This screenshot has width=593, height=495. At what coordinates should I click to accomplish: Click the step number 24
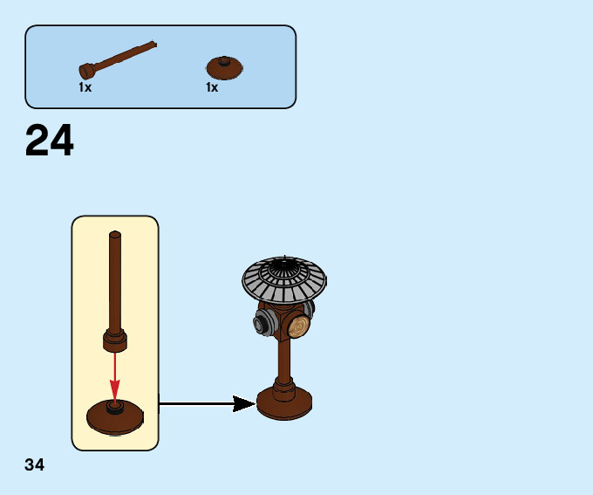(50, 141)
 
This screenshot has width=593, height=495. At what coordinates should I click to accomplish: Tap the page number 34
(35, 465)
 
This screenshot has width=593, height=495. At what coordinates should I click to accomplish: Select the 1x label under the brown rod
(85, 88)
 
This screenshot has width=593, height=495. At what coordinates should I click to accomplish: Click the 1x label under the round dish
(212, 88)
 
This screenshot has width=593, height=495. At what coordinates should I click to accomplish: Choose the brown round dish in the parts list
(225, 69)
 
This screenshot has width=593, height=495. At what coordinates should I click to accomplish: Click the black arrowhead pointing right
(243, 403)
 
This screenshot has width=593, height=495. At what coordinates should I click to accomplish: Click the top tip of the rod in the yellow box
(115, 234)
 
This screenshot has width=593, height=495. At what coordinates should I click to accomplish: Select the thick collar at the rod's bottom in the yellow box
(115, 340)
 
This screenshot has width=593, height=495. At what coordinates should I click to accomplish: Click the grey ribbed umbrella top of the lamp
(284, 279)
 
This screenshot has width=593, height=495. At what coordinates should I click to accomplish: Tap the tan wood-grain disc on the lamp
(299, 327)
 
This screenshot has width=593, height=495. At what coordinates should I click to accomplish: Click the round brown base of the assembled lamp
(284, 403)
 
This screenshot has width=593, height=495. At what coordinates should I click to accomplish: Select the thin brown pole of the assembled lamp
(284, 358)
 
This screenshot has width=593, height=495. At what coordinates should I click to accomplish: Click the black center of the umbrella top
(284, 263)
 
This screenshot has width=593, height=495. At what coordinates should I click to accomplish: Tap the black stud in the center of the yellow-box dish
(114, 406)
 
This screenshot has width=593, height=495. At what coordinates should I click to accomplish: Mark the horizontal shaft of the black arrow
(196, 403)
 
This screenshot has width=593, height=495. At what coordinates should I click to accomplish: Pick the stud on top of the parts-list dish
(225, 61)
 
